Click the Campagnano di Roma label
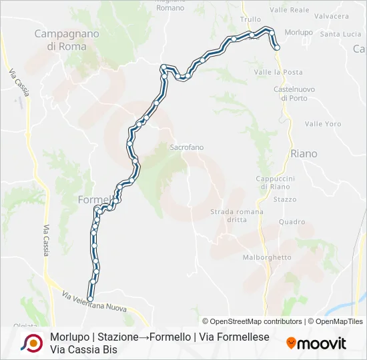(x=67, y=40)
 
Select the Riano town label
(x=304, y=153)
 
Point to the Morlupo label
(x=298, y=32)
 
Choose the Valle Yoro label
(x=323, y=124)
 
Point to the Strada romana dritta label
(x=237, y=215)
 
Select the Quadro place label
(x=292, y=222)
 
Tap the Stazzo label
(x=285, y=199)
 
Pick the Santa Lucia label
(x=340, y=34)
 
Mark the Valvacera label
(x=332, y=16)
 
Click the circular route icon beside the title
(x=31, y=343)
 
